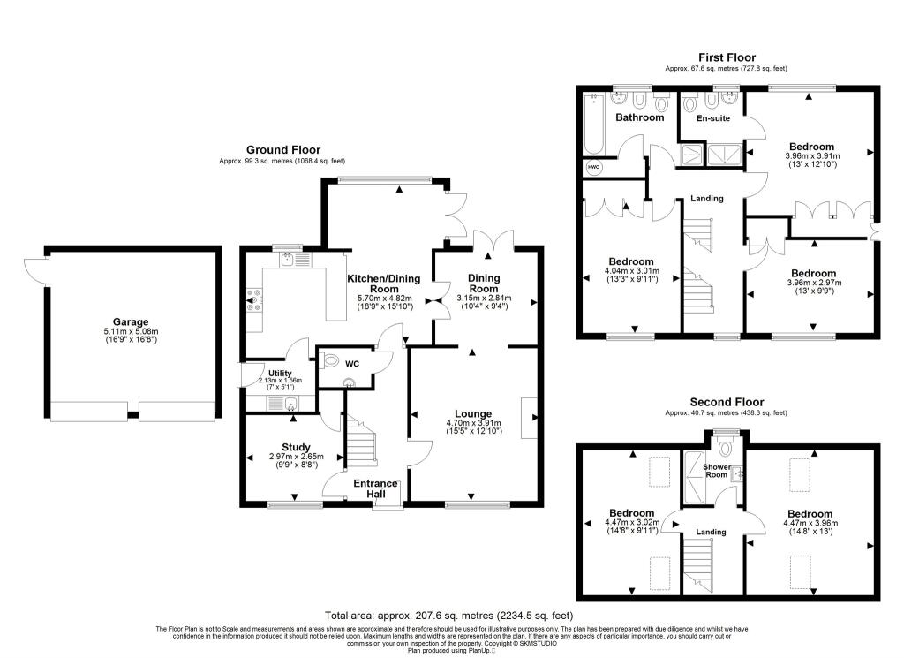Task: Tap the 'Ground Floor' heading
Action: pyautogui.click(x=282, y=150)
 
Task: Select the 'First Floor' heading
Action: pyautogui.click(x=727, y=57)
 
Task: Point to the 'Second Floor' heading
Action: pyautogui.click(x=727, y=401)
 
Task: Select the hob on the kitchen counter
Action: pyautogui.click(x=254, y=302)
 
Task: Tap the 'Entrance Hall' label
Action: pyautogui.click(x=377, y=489)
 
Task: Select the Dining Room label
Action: pyautogui.click(x=483, y=284)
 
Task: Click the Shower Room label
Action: pyautogui.click(x=715, y=470)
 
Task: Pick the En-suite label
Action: pyautogui.click(x=712, y=117)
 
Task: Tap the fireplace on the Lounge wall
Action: pyautogui.click(x=530, y=419)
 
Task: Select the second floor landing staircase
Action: pyautogui.click(x=698, y=566)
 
